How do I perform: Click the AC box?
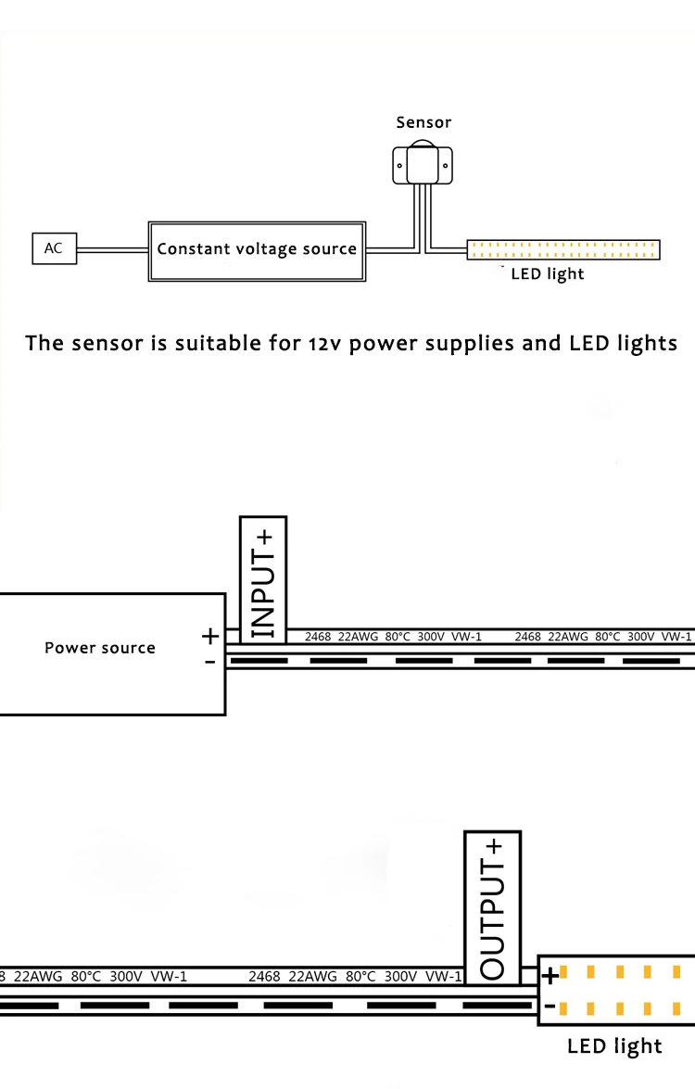(54, 248)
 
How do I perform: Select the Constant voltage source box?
(257, 249)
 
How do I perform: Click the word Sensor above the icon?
(423, 122)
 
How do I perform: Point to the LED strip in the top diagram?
(563, 248)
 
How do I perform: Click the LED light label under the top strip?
(548, 274)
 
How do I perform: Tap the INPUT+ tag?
(263, 579)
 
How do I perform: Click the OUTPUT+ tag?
(493, 907)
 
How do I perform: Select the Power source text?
(100, 648)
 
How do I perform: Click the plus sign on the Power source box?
(210, 636)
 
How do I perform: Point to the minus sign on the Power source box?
(210, 662)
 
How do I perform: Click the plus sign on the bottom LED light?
(550, 975)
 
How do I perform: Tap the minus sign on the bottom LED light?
(550, 1006)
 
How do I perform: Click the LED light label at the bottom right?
(614, 1046)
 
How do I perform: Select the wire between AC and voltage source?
(112, 248)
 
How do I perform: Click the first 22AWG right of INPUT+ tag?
(359, 637)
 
